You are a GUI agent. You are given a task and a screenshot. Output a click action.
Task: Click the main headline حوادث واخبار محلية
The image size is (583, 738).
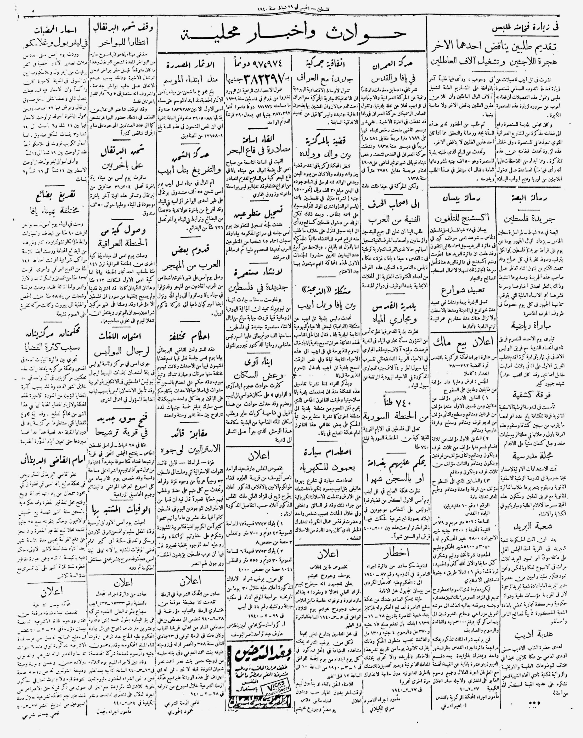(292, 35)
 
